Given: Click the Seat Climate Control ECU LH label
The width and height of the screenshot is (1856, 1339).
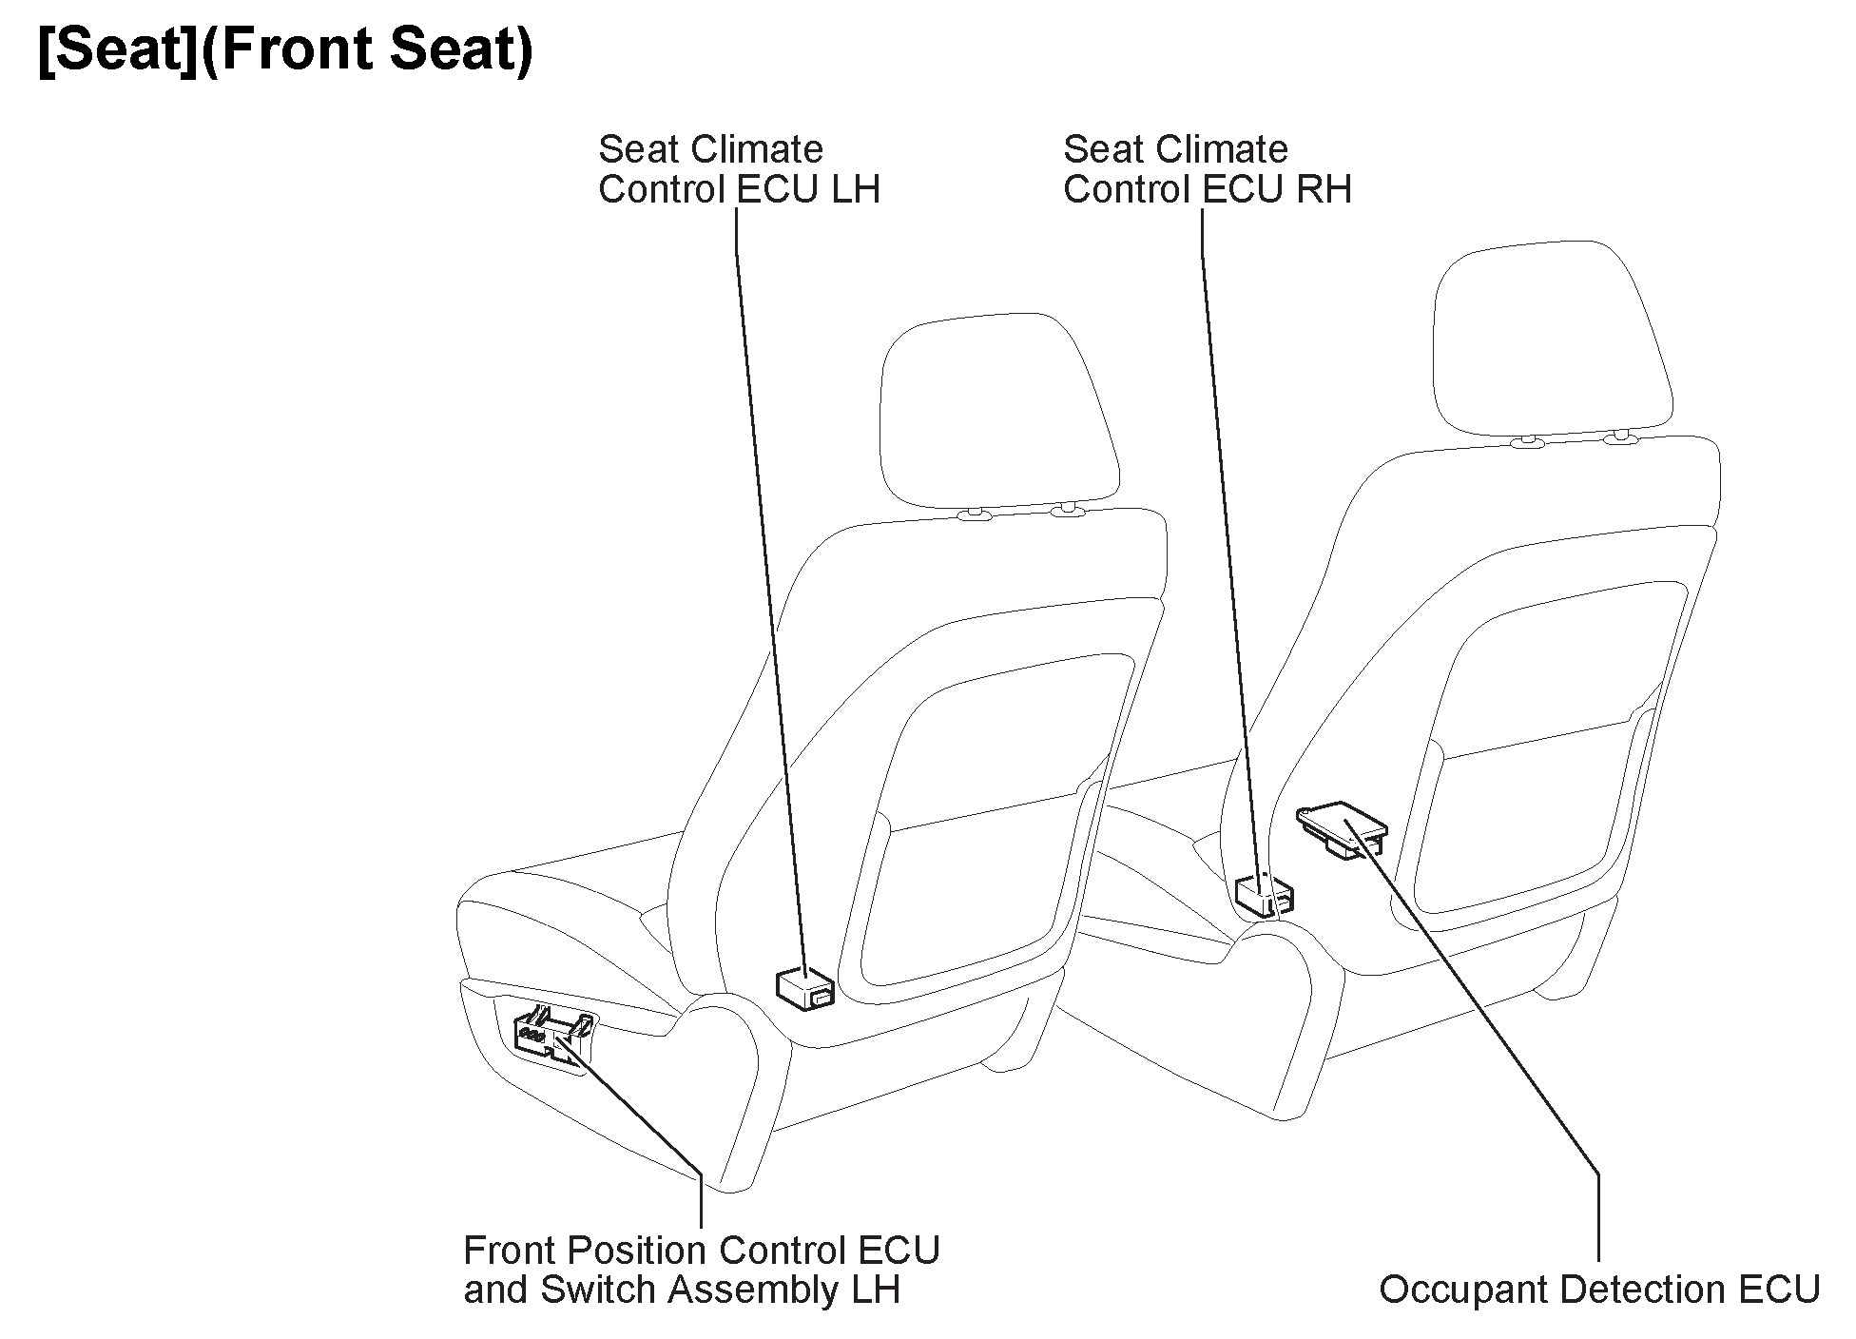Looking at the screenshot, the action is tap(738, 169).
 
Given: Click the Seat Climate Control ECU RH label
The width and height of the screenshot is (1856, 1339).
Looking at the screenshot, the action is tap(1206, 169).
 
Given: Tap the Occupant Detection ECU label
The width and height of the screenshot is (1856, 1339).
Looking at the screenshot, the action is tap(1598, 1290).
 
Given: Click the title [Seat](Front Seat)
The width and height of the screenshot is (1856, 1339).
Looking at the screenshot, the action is tap(285, 49).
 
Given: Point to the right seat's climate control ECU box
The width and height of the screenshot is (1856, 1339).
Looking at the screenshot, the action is tap(1263, 895).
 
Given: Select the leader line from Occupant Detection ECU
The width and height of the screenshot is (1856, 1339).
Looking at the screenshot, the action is tap(1483, 1018).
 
